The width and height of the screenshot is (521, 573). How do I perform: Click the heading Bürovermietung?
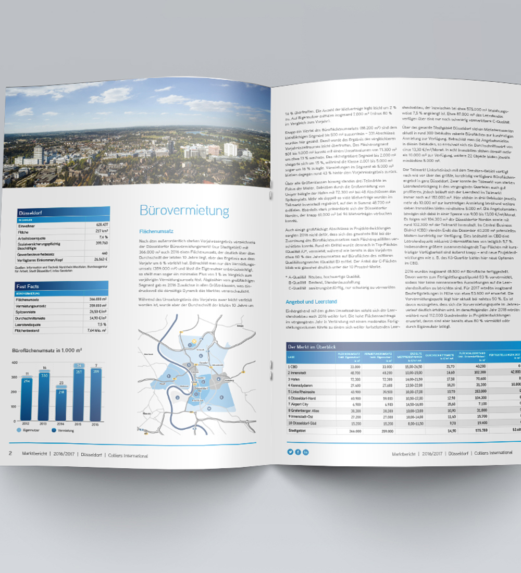pos(184,211)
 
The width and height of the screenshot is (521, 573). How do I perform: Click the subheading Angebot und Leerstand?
pos(311,302)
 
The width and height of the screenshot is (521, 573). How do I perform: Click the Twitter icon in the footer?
pos(290,452)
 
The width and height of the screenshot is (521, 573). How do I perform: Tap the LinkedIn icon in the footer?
pos(305,452)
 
